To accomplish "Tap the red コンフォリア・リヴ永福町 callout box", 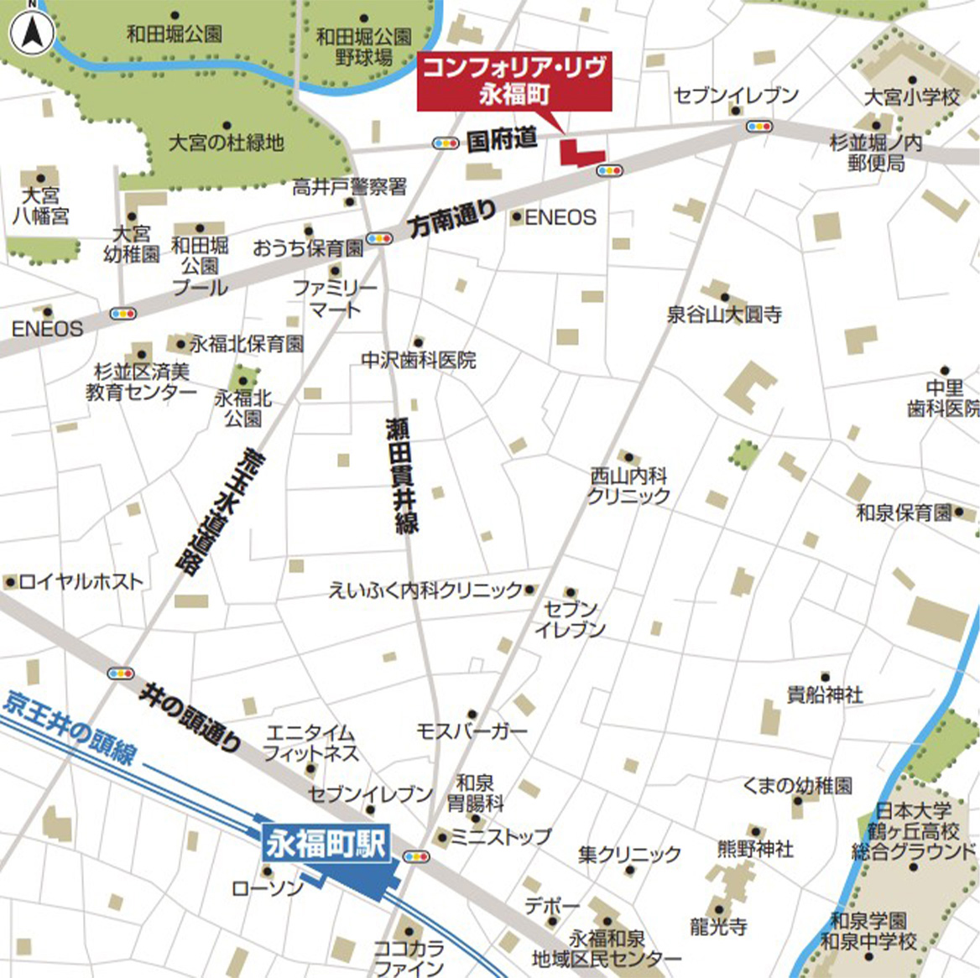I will [514, 81].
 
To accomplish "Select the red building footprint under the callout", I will [579, 154].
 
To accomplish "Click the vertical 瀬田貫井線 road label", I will [401, 474].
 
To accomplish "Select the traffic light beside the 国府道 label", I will [445, 143].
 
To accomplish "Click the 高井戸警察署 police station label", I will [349, 187].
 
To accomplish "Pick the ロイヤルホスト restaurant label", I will [81, 581].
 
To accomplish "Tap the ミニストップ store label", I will [500, 836].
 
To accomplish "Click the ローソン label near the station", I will [268, 888].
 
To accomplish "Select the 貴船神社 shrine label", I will [825, 694].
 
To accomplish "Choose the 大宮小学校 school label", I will [911, 97].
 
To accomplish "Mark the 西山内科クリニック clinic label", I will [628, 486].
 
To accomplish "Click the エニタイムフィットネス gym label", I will [310, 743].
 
